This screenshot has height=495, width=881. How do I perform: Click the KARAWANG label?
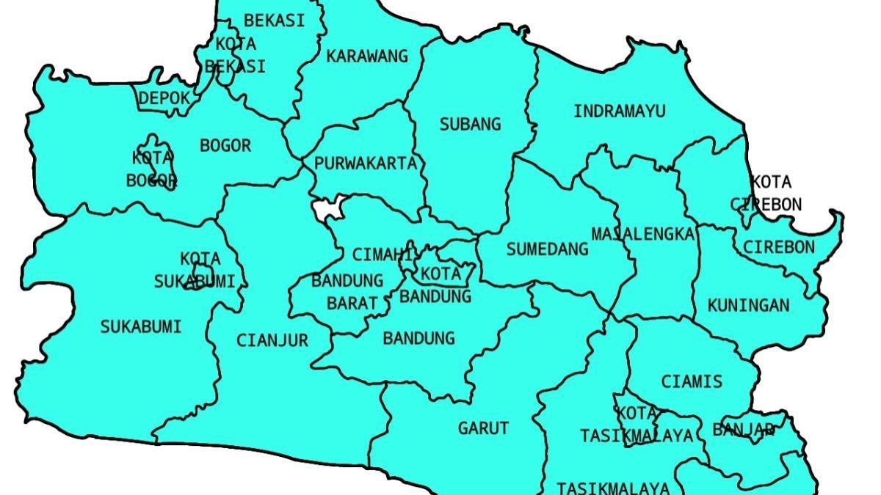pos(357,56)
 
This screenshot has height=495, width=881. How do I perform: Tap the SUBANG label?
pos(470,123)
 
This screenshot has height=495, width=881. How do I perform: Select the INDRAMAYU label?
pos(620,111)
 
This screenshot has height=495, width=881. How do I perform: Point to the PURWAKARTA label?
pos(366,164)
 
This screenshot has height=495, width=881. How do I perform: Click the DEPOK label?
pos(164,98)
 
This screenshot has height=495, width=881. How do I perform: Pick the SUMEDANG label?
pos(548,249)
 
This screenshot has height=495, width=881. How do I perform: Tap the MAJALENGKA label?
pos(643,234)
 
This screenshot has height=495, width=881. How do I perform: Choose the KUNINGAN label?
pos(749,305)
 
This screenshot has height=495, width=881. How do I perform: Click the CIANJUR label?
pos(272,340)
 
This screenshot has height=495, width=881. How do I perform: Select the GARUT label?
pos(483,428)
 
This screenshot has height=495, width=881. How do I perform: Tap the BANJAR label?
pos(743,430)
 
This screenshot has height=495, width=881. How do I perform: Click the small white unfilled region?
pos(326,209)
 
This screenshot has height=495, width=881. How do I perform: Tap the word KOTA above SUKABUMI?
pos(200,259)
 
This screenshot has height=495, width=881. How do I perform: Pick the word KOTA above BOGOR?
pos(152,158)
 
